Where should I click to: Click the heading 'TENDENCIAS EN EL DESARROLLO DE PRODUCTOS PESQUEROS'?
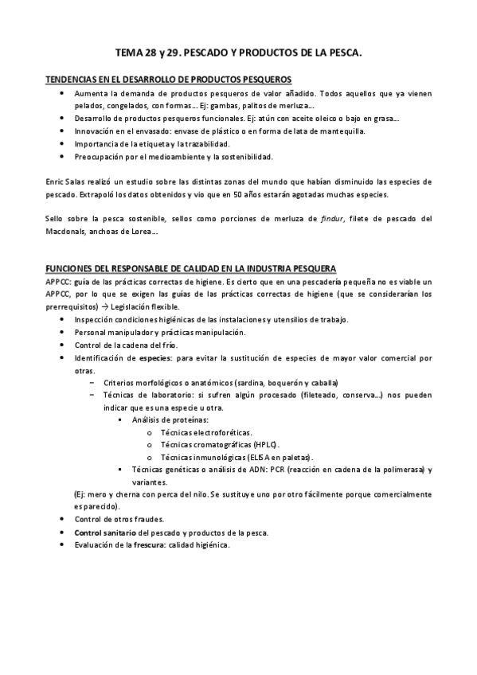point(169,80)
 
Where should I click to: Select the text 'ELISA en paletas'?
point(278,457)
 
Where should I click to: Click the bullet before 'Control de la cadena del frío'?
point(64,345)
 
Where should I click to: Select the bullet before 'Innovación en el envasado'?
point(64,131)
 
